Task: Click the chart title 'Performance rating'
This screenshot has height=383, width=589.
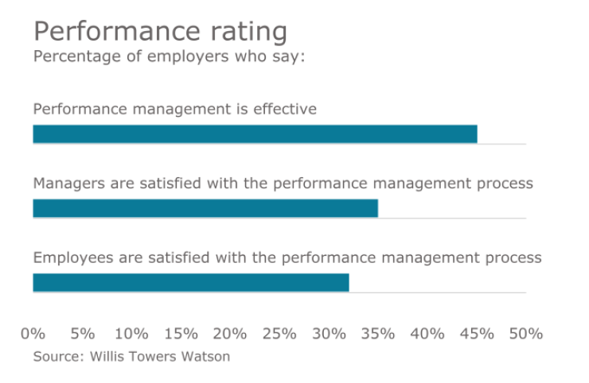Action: click(x=160, y=32)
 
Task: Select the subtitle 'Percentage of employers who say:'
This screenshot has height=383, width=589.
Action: click(x=169, y=57)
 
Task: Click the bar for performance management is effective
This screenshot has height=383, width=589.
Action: click(x=255, y=134)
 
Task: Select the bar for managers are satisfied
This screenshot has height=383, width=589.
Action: click(x=205, y=208)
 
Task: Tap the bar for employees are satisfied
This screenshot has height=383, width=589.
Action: click(x=191, y=282)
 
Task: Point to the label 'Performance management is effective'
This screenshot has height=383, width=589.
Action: click(x=174, y=109)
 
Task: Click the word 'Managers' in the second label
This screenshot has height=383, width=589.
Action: click(x=70, y=184)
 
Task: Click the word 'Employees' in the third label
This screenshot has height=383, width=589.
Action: click(x=73, y=257)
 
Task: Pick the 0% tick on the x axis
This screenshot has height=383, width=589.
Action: click(x=33, y=334)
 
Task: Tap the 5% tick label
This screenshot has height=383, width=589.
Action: click(x=82, y=334)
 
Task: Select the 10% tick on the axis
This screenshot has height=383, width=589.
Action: click(x=131, y=334)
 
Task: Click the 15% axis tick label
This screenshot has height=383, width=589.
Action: click(x=181, y=334)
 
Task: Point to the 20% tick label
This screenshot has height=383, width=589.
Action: click(x=230, y=334)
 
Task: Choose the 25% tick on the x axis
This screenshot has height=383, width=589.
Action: click(x=279, y=334)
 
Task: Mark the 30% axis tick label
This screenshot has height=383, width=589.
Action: click(x=329, y=334)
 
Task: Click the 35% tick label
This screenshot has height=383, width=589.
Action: click(x=378, y=334)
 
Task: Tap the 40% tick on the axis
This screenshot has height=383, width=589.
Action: click(x=427, y=334)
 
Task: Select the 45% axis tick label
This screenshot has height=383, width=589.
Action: click(x=477, y=334)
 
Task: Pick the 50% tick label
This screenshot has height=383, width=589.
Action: click(x=526, y=334)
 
